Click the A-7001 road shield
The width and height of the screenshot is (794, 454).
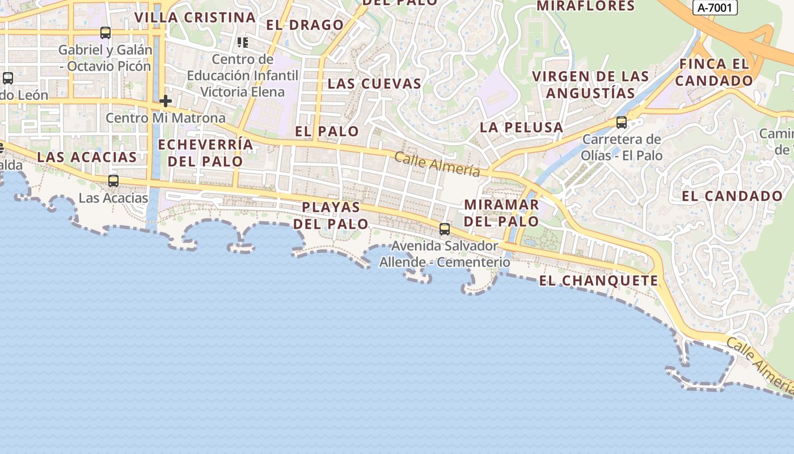pos(715,7)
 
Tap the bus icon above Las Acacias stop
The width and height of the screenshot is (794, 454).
pos(113,181)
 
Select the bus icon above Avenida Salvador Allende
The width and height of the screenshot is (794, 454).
pos(445,229)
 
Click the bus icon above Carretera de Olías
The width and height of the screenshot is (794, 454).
pos(622,122)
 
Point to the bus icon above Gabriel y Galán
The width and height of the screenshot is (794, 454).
pos(105,33)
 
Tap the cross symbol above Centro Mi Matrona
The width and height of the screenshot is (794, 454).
pos(166,102)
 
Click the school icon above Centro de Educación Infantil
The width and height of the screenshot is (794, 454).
pos(243,42)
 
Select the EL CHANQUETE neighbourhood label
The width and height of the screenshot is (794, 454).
pos(598,281)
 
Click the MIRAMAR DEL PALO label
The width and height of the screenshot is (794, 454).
pos(501,213)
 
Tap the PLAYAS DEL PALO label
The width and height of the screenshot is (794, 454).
pos(331,215)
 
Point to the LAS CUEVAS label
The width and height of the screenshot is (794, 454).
pos(374,84)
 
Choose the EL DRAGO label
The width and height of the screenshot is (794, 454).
pos(305,25)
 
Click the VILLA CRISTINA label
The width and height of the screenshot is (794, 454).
pos(195,17)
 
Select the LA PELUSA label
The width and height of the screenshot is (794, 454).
pos(521,128)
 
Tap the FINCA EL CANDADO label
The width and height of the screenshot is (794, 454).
pos(713,72)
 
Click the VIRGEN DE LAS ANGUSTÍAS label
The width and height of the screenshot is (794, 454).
pos(590,85)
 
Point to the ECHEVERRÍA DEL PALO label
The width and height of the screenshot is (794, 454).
pos(205,153)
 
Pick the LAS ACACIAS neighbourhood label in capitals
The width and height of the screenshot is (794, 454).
pos(87,157)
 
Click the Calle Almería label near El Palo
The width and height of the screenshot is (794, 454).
pos(437,164)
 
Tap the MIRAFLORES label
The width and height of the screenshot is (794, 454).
pos(585,6)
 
